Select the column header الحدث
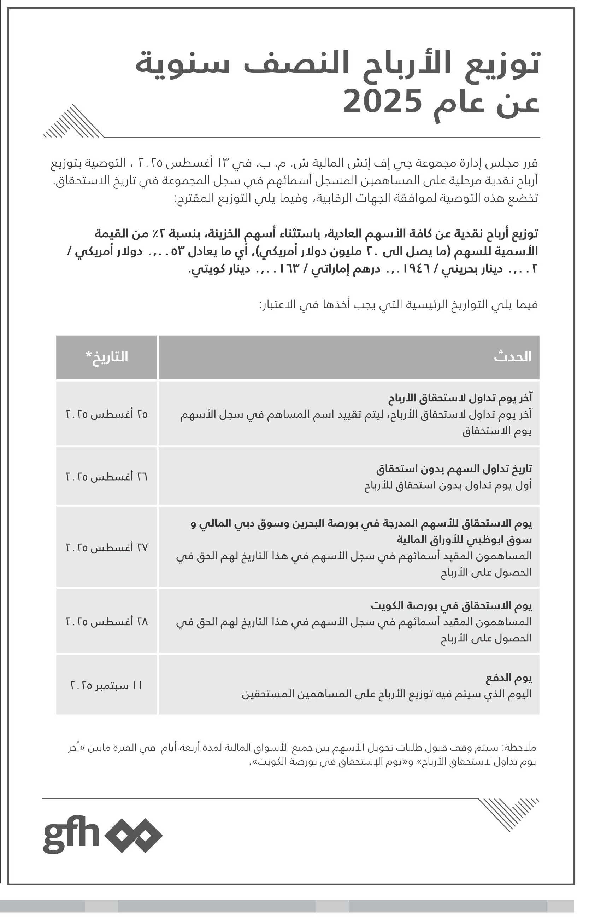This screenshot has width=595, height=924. [x=512, y=356]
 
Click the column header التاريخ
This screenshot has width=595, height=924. [x=107, y=356]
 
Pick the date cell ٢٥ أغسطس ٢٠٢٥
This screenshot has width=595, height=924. [x=107, y=414]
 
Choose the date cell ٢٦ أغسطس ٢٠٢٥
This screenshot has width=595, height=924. [x=107, y=476]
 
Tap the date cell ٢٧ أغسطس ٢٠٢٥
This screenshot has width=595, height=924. [x=107, y=547]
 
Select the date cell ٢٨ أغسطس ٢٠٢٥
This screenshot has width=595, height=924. [x=107, y=622]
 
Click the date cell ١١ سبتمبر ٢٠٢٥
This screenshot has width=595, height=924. [x=107, y=685]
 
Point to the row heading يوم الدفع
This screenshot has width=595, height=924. [x=508, y=677]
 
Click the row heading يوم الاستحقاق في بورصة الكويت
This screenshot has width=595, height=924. [x=451, y=605]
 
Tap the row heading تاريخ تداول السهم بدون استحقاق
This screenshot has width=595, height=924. [x=454, y=469]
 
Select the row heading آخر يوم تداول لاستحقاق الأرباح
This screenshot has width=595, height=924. [x=460, y=398]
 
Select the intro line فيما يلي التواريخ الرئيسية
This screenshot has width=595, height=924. [x=398, y=305]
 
